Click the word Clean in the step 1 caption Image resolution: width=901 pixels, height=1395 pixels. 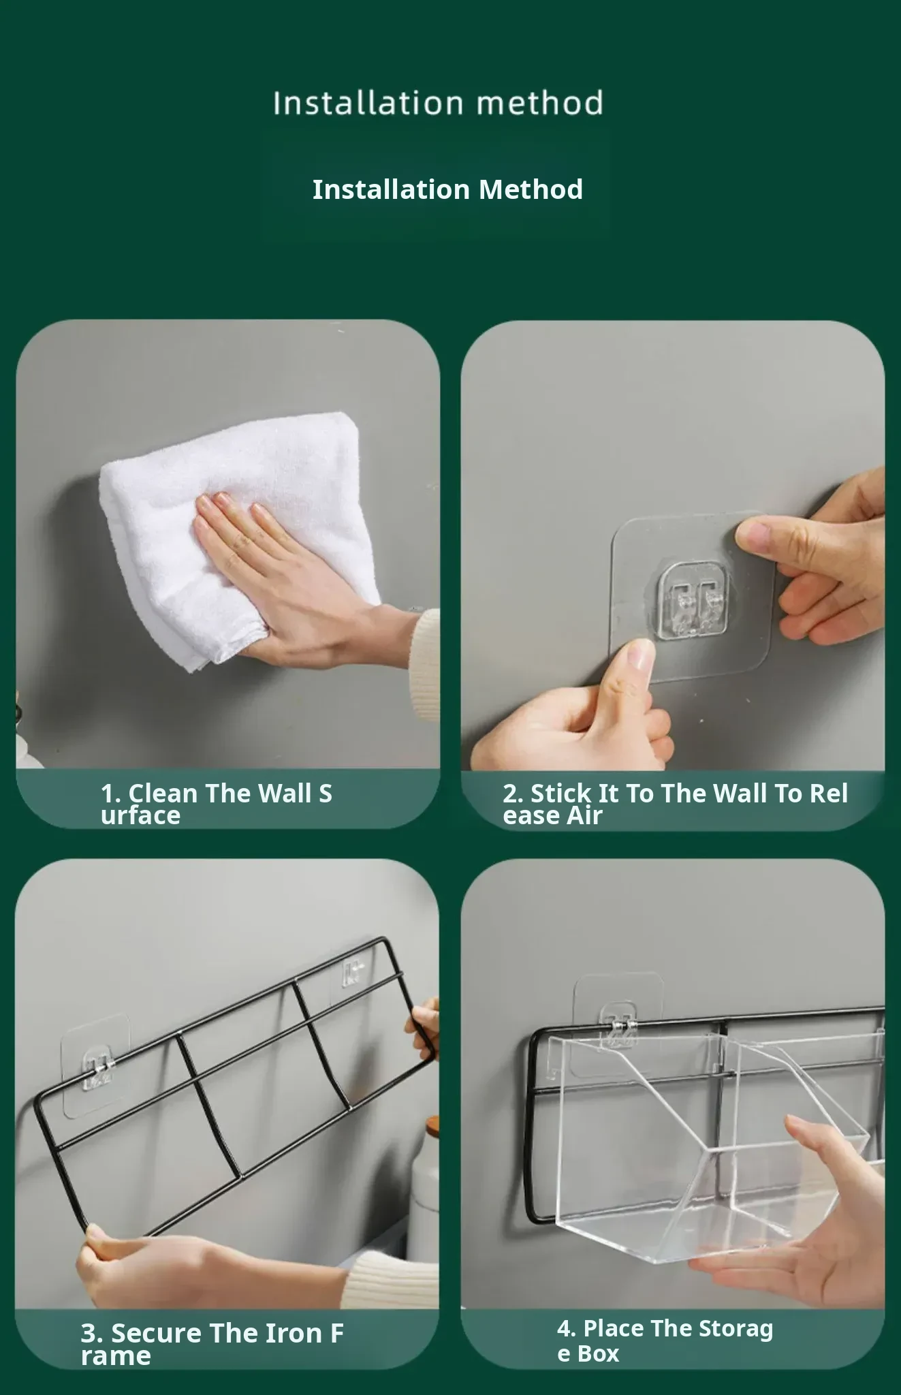tap(163, 794)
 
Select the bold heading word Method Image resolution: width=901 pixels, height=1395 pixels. tap(531, 189)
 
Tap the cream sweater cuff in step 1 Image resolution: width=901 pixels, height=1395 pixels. tap(424, 664)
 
